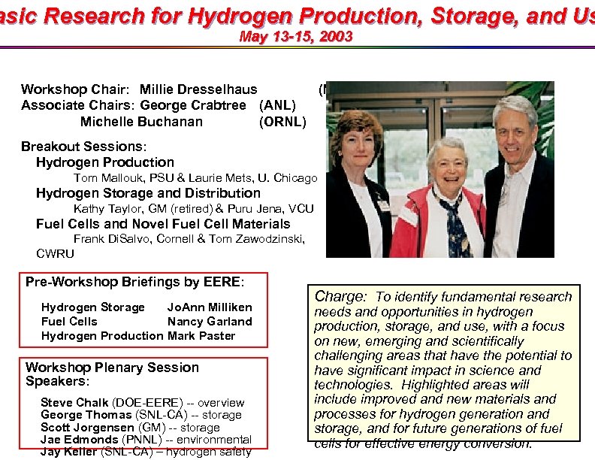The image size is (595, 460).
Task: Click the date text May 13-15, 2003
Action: (294, 36)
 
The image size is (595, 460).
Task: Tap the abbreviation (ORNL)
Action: (282, 122)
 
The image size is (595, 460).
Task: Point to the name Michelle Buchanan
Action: (141, 122)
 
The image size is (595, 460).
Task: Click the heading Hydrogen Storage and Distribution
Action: (137, 193)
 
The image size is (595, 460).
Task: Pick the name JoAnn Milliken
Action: (210, 307)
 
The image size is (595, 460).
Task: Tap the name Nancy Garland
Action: (210, 322)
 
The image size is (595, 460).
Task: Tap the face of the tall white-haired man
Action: (515, 126)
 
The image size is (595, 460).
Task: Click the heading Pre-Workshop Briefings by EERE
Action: (134, 282)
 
